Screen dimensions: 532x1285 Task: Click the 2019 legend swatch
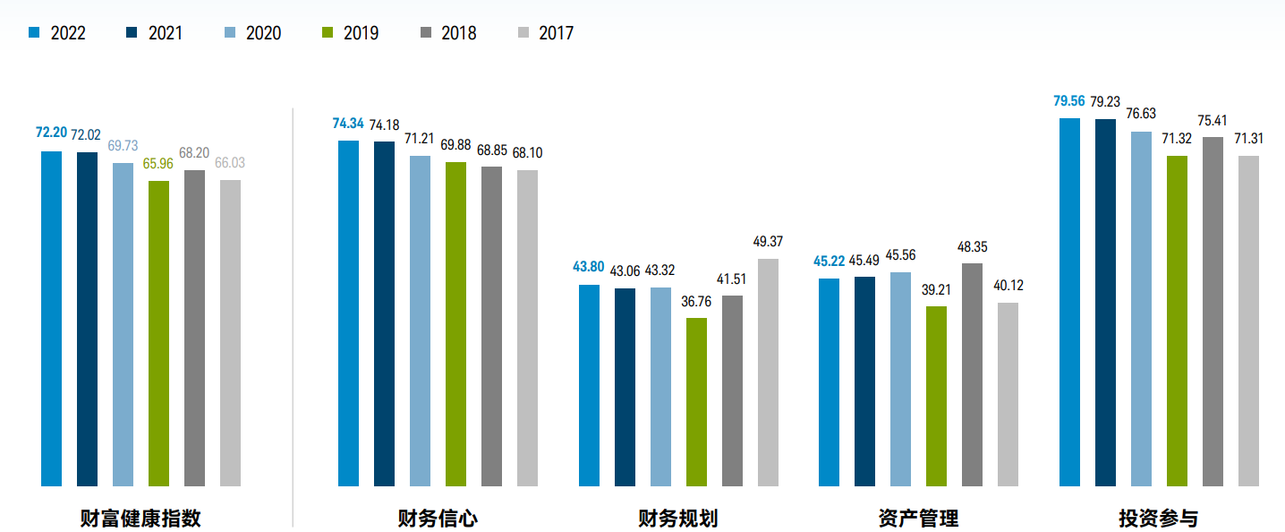[x=328, y=33]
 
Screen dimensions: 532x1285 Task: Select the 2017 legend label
[x=556, y=33]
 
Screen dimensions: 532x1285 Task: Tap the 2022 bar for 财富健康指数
[x=52, y=319]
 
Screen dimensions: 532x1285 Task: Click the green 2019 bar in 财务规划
[x=696, y=402]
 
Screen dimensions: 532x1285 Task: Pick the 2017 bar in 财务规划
[x=768, y=373]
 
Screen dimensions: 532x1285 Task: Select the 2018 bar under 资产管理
[x=972, y=375]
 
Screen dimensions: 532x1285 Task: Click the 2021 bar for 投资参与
[x=1105, y=303]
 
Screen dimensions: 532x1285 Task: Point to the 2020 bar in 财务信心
[x=420, y=322]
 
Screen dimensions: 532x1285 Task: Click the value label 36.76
[x=696, y=301]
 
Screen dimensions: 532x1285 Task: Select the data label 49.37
[x=768, y=242]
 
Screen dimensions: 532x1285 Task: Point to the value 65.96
[x=158, y=163]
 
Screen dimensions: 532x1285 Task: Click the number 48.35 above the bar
[x=972, y=246]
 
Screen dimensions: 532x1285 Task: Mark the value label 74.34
[x=348, y=124]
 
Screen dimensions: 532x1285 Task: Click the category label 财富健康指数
[x=140, y=519]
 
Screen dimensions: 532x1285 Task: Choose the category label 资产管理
[x=918, y=519]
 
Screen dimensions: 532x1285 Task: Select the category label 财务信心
[x=438, y=519]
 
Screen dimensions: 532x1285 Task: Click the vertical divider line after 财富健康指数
[x=293, y=313]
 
